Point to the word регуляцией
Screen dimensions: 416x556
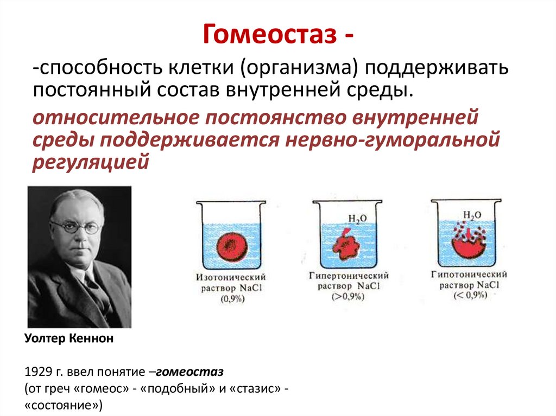tap(90, 162)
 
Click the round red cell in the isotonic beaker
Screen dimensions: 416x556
tap(231, 247)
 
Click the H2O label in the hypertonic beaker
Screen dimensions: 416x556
tap(357, 219)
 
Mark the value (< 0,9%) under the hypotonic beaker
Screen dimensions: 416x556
tap(469, 295)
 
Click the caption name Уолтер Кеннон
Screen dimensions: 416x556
tap(69, 339)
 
